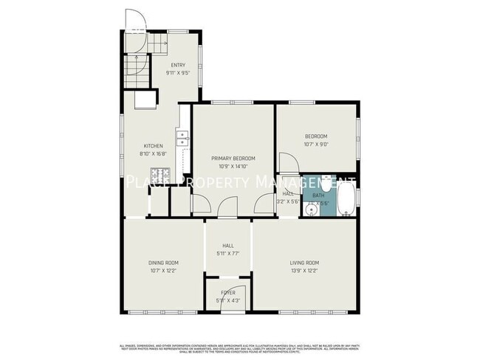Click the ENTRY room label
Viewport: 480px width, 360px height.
(x=179, y=66)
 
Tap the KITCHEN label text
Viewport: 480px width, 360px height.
(x=153, y=145)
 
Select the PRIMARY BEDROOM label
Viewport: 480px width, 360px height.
(x=233, y=159)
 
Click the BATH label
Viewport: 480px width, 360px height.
(x=318, y=195)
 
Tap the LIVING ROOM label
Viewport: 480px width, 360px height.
(x=304, y=263)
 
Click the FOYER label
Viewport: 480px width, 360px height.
(x=228, y=293)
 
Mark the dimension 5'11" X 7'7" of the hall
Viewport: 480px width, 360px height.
(x=229, y=255)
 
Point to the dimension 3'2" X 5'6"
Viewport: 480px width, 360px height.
(x=287, y=201)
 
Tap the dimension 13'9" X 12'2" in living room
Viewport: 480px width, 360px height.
(x=304, y=271)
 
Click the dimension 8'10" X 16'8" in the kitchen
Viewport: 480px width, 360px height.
(x=153, y=153)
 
